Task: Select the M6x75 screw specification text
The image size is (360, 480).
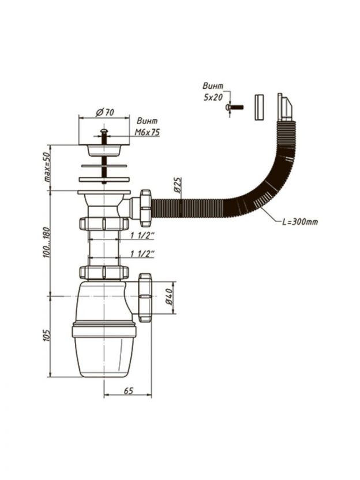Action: point(148,133)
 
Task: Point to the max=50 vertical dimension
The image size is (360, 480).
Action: point(50,165)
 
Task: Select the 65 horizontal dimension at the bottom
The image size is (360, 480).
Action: point(128,391)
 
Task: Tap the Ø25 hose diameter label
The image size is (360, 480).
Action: point(178,185)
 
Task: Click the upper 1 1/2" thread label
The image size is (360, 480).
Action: point(142,236)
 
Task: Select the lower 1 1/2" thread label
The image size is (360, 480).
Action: point(142,254)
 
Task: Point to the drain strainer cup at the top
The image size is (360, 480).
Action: point(104,149)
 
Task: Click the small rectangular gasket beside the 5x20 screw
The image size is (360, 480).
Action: point(259,106)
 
